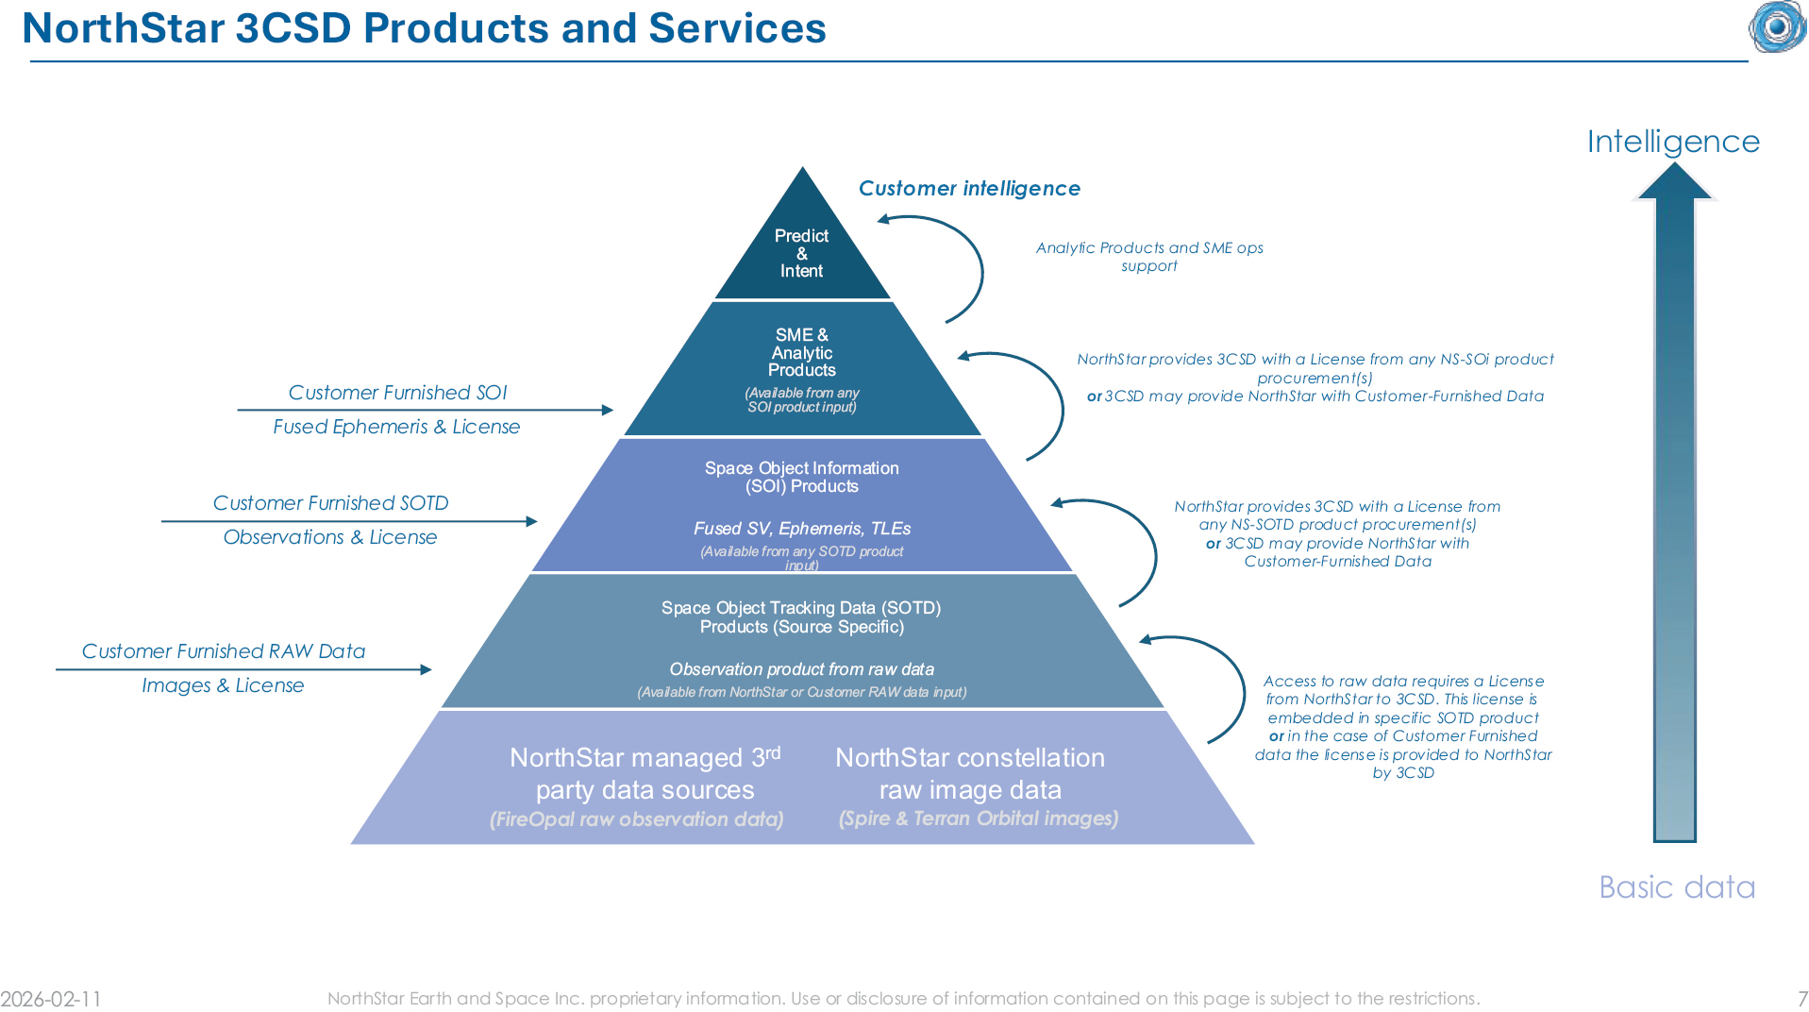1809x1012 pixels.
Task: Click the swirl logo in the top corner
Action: pos(1778,25)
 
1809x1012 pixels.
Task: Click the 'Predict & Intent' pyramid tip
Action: pos(802,252)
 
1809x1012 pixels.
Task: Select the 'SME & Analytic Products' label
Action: pos(801,352)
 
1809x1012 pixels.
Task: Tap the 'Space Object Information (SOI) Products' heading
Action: pos(801,477)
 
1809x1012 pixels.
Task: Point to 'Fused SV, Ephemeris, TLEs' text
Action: pos(802,529)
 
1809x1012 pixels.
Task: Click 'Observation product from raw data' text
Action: pos(802,669)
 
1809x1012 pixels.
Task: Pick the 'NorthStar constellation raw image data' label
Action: pos(970,773)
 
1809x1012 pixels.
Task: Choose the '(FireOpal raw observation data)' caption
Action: pos(637,819)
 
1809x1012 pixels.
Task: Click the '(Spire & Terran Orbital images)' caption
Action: pos(979,818)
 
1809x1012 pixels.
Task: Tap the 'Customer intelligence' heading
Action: pos(969,188)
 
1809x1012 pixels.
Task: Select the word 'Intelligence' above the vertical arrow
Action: pos(1673,142)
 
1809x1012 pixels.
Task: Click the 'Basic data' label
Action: pos(1677,887)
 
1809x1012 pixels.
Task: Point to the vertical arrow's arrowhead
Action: pos(1675,180)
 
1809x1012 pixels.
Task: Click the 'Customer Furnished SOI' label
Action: pos(397,393)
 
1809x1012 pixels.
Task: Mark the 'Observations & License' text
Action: pos(330,537)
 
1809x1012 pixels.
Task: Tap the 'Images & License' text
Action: pos(223,685)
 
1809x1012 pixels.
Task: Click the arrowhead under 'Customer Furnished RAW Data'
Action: pos(426,669)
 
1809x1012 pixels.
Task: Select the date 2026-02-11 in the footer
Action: pos(51,999)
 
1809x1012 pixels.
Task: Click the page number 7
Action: pos(1801,999)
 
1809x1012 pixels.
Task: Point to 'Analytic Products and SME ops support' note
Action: pos(1149,257)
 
